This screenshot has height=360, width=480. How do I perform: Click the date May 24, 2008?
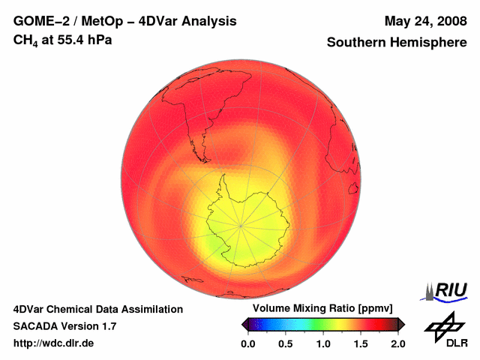(x=425, y=21)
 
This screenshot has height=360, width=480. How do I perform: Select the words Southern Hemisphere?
(x=397, y=43)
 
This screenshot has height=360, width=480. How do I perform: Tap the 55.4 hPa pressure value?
(x=88, y=40)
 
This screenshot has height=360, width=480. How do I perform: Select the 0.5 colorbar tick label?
(x=286, y=343)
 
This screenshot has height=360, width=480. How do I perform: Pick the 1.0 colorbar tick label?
(x=323, y=343)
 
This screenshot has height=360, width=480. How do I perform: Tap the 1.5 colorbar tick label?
(x=361, y=343)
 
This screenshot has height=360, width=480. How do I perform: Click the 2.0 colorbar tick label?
(x=398, y=343)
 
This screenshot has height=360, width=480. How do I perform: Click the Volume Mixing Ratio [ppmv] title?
(x=323, y=309)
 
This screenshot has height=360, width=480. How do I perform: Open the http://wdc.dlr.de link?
(x=54, y=343)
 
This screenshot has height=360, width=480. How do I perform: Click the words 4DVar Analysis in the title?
(x=193, y=21)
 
